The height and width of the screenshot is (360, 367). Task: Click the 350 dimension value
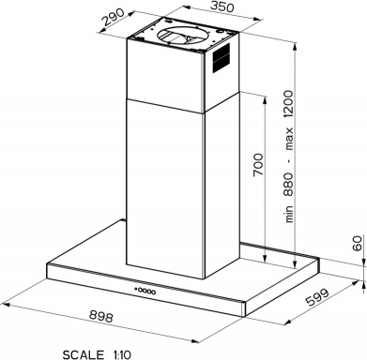click(x=222, y=7)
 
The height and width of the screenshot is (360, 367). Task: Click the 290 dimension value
click(x=114, y=17)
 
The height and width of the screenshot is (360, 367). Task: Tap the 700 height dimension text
click(x=258, y=164)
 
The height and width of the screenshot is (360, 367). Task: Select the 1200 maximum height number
click(x=288, y=105)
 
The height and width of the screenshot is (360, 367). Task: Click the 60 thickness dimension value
click(x=357, y=244)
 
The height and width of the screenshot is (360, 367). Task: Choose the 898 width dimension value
click(x=100, y=316)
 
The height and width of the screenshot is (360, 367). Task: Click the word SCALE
click(x=84, y=354)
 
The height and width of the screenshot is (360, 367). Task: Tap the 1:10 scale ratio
click(x=121, y=354)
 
